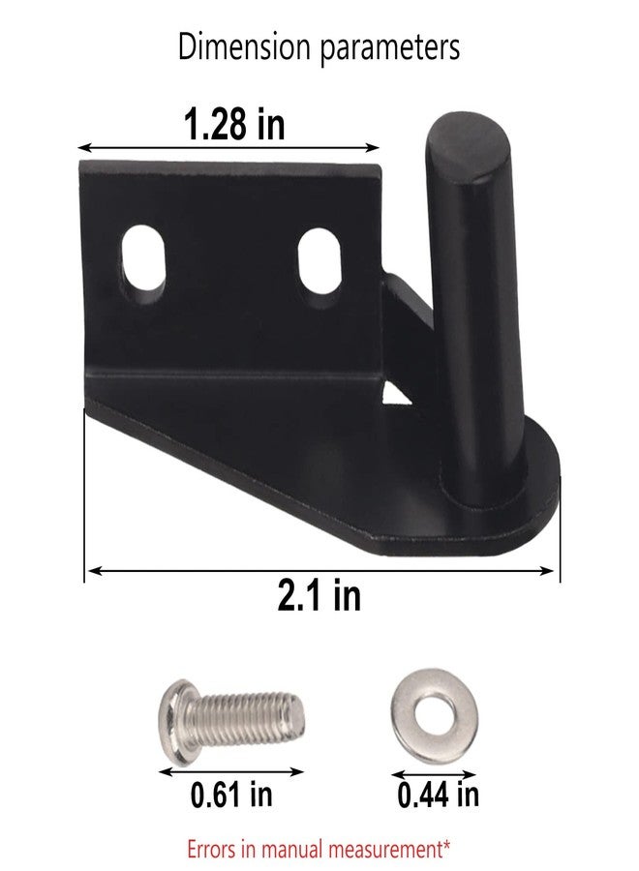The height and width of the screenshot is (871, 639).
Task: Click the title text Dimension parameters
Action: (x=319, y=47)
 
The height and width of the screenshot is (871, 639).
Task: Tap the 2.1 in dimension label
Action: (x=319, y=596)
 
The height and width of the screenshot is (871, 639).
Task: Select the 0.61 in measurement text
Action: (x=230, y=796)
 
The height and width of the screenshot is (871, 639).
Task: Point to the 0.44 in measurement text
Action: (x=438, y=796)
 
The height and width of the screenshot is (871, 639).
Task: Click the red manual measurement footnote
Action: (x=319, y=850)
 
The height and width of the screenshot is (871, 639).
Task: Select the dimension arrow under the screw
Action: (x=230, y=771)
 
